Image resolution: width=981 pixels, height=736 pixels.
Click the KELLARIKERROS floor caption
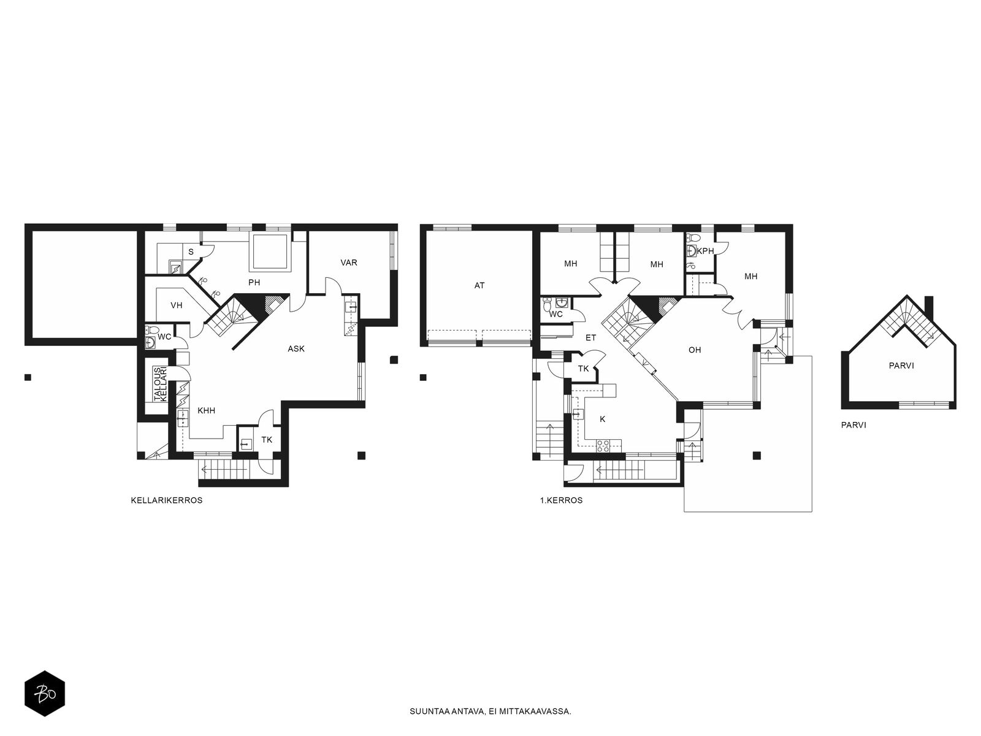(167, 500)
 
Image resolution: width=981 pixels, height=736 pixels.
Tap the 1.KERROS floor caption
(562, 500)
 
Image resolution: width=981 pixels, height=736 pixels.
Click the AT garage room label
(479, 286)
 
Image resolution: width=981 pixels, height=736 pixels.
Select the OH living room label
(695, 350)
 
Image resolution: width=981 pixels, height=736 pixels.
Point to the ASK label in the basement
(296, 349)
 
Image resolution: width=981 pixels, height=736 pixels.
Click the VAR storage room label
(349, 263)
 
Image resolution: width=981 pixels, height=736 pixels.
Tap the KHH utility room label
(207, 411)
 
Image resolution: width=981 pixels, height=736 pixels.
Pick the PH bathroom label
(254, 282)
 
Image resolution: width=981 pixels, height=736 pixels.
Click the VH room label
(177, 305)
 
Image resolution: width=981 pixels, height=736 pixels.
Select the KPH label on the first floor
(705, 251)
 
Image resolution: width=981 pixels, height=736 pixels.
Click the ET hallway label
(591, 338)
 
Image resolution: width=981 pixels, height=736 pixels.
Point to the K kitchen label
(603, 419)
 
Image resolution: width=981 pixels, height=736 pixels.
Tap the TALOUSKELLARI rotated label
(160, 384)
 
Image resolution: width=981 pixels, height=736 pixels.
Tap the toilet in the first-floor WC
(547, 305)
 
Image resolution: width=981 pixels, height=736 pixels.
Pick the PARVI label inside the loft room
(901, 366)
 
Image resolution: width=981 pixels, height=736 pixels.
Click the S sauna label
(191, 252)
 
